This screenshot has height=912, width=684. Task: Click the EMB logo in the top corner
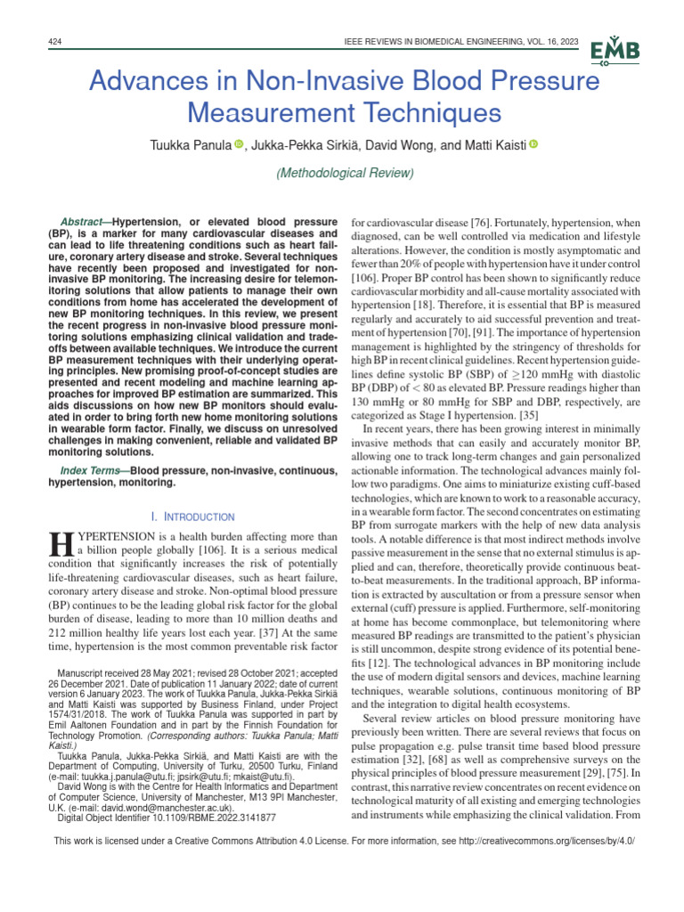pyautogui.click(x=615, y=53)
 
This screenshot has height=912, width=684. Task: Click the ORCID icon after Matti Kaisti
pyautogui.click(x=533, y=144)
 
